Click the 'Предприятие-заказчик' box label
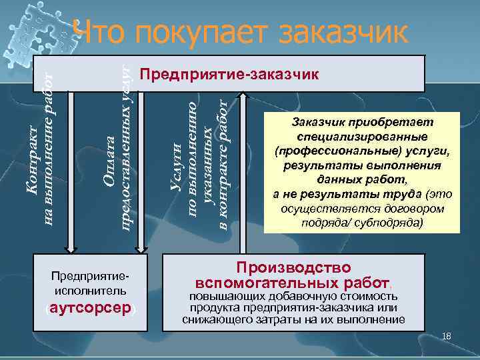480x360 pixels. (x=229, y=73)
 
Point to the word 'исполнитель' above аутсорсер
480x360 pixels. (x=91, y=291)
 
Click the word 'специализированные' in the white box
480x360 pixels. (x=363, y=137)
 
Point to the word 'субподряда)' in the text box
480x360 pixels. (x=393, y=223)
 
